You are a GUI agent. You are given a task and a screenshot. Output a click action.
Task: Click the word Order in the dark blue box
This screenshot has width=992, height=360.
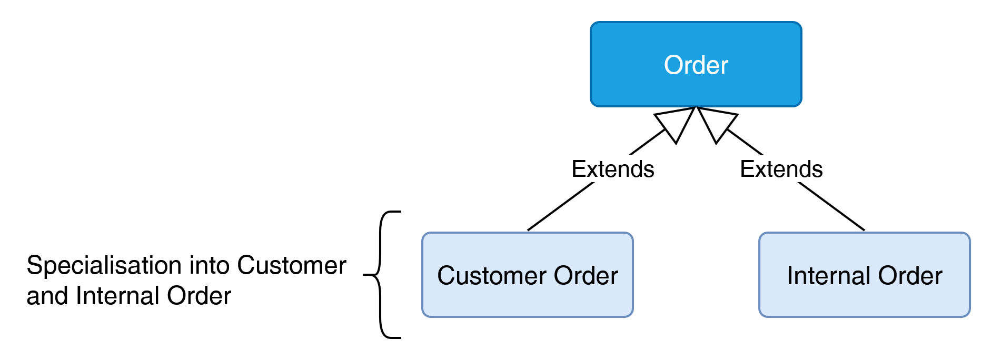[x=696, y=65]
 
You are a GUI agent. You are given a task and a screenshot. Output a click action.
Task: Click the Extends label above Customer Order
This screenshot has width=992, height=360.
[x=613, y=169]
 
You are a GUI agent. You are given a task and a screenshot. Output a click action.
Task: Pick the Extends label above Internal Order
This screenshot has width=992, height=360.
[x=781, y=169]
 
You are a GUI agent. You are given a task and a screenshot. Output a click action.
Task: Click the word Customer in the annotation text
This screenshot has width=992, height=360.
[x=291, y=265]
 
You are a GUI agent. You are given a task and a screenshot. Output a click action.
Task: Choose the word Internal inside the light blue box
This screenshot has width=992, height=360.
[x=828, y=276]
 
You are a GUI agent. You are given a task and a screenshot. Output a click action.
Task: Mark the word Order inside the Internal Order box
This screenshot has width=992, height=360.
[x=910, y=276]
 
